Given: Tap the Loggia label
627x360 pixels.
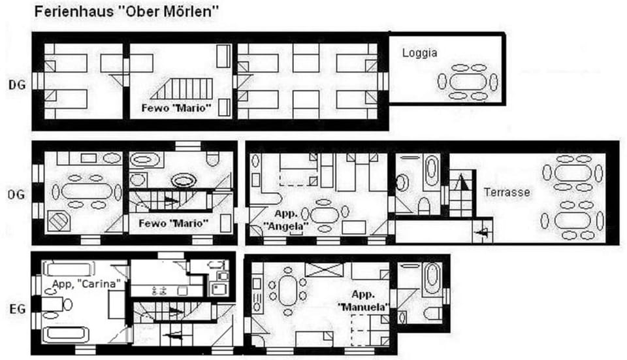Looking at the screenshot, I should pyautogui.click(x=419, y=53).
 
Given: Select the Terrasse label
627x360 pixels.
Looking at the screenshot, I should pyautogui.click(x=507, y=193).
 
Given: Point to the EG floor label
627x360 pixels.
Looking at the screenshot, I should pyautogui.click(x=17, y=308).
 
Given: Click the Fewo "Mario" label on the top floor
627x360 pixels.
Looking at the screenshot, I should pyautogui.click(x=177, y=107).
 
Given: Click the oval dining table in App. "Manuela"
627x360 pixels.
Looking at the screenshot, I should pyautogui.click(x=287, y=289).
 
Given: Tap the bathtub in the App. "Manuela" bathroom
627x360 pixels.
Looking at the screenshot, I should pyautogui.click(x=432, y=279).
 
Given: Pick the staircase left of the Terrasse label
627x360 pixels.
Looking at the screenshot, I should pyautogui.click(x=460, y=193).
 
